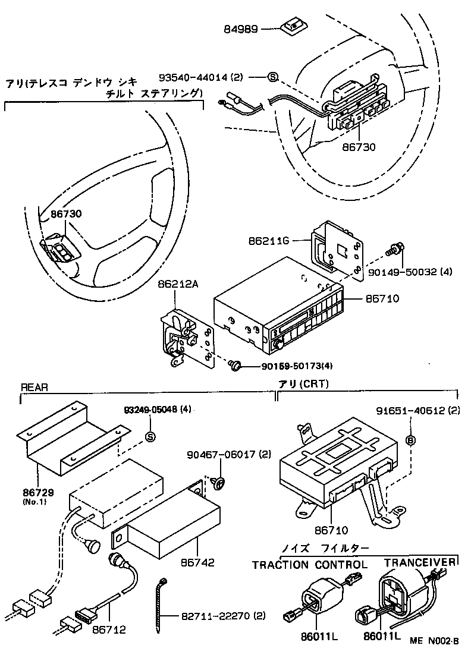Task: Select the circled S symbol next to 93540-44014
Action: tap(272, 77)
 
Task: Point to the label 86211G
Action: tap(269, 241)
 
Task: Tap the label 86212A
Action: tap(177, 284)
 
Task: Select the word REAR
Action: tap(34, 387)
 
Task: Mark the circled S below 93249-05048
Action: tap(150, 437)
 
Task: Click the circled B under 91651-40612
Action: tap(410, 440)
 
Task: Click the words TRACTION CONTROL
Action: tap(309, 565)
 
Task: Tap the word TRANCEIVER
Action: tap(420, 562)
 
